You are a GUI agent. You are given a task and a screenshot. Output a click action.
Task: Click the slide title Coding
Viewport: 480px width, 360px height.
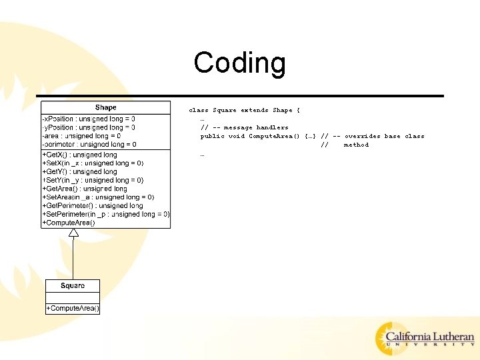point(239,63)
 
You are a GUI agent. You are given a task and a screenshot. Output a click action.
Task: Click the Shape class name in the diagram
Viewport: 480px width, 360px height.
point(105,107)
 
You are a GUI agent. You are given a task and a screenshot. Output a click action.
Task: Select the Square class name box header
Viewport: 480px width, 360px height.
point(73,286)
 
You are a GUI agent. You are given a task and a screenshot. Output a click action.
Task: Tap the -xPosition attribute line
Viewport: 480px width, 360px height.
point(89,119)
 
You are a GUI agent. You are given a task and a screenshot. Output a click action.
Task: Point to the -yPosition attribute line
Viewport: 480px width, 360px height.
point(89,127)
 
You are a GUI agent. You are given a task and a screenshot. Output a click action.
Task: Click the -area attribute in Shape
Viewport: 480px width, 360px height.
point(81,136)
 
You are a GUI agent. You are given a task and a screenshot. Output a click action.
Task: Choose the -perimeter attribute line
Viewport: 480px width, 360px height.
point(89,145)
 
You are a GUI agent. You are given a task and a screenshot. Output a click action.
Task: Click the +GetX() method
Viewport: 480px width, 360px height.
point(79,155)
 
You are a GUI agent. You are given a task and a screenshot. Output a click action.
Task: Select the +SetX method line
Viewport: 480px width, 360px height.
point(93,163)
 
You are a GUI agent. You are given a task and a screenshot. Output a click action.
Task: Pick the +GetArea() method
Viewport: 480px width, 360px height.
point(84,189)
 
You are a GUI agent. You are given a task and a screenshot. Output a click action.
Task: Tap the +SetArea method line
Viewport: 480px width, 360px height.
point(98,197)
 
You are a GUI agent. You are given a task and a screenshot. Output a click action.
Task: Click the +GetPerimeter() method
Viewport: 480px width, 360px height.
point(93,206)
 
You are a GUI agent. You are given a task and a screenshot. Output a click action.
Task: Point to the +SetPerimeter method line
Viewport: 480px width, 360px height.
point(106,215)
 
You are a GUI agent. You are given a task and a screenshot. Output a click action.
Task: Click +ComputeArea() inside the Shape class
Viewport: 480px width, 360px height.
point(69,223)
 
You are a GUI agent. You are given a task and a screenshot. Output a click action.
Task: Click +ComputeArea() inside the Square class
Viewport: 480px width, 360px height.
point(73,308)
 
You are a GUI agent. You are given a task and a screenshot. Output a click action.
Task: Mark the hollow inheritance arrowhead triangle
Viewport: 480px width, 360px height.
point(73,233)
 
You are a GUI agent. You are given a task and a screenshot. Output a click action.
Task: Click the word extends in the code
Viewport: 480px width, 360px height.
point(254,110)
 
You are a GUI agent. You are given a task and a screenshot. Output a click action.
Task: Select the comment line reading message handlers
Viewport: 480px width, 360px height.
point(245,127)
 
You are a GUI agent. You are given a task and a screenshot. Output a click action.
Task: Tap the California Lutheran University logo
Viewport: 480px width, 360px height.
point(425,338)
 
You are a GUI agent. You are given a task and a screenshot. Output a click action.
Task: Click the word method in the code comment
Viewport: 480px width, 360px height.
point(356,145)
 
